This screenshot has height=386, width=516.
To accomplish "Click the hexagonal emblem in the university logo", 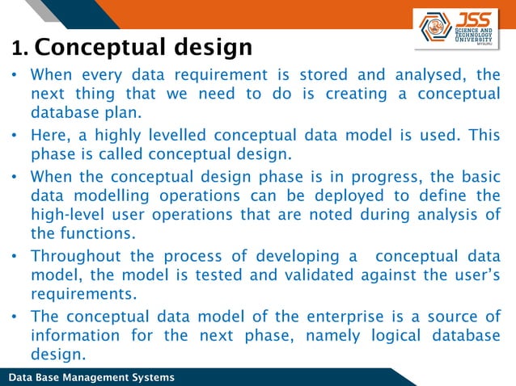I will point(437,27).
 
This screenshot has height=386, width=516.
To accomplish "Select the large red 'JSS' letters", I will point(474,18).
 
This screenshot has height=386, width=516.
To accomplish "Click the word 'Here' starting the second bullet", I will point(48,135).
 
